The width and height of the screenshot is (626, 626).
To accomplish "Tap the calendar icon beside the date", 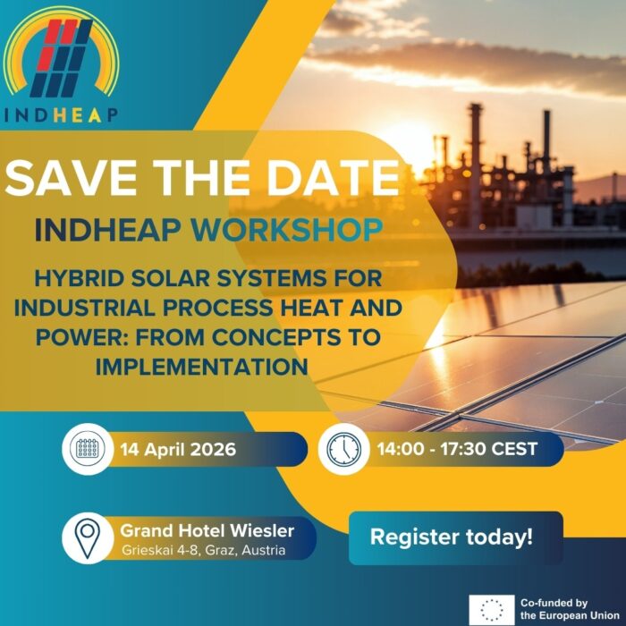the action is [x=88, y=449].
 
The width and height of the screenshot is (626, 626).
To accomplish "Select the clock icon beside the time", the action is [x=343, y=449].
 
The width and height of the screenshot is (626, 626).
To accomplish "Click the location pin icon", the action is [x=88, y=537].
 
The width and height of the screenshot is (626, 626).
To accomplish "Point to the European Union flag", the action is [x=492, y=609].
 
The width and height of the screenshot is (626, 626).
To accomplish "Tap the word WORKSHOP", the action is [x=287, y=231].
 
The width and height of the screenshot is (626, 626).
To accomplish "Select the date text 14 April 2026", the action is [x=178, y=450].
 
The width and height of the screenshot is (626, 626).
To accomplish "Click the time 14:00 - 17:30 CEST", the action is [x=457, y=449].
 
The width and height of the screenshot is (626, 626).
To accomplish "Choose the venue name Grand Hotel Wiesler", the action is [x=207, y=530].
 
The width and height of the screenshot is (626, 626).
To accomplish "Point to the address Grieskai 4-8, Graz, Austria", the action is [x=204, y=550].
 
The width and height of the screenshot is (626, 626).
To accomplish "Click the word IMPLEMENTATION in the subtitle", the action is [x=201, y=367].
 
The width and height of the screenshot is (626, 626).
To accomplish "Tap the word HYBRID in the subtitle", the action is [x=80, y=279].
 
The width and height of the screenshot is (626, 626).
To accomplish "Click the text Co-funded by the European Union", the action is [x=571, y=609].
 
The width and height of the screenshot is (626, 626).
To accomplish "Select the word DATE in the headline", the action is [x=334, y=178].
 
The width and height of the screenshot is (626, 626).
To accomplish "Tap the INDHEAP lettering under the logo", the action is [x=61, y=114].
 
